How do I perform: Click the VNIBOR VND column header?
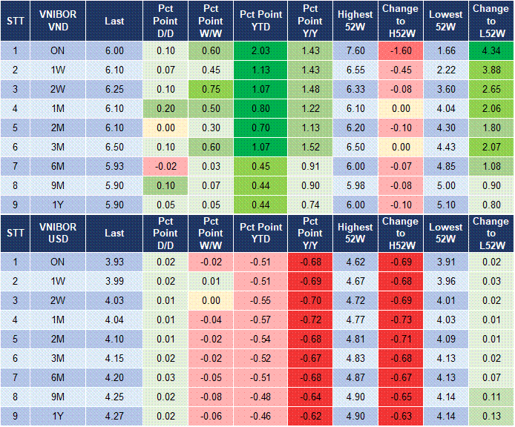pyautogui.click(x=59, y=21)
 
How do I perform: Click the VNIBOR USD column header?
pyautogui.click(x=59, y=232)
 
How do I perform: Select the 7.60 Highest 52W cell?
pyautogui.click(x=355, y=50)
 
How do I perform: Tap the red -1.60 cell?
pyautogui.click(x=400, y=50)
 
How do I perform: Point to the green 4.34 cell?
pyautogui.click(x=490, y=50)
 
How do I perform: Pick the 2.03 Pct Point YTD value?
pyautogui.click(x=260, y=50)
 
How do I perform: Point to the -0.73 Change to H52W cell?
pyautogui.click(x=400, y=320)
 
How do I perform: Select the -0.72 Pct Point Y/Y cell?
pyautogui.click(x=309, y=320)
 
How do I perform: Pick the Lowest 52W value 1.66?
pyautogui.click(x=446, y=50)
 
